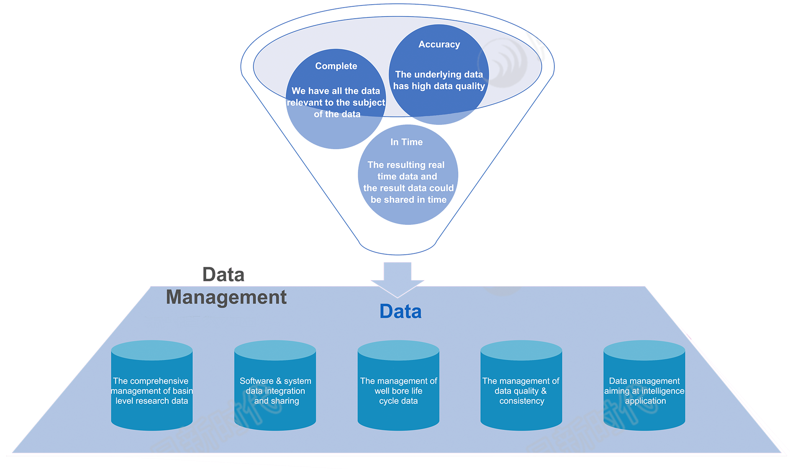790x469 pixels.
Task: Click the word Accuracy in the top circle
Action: coord(439,44)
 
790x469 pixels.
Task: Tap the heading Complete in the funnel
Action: coord(336,66)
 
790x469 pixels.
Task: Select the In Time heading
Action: coord(406,142)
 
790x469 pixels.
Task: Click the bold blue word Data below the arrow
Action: coord(400,312)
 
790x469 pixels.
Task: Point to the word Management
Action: coord(226,297)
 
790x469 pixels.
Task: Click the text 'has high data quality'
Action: coord(439,86)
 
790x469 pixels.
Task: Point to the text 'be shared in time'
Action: coord(408,200)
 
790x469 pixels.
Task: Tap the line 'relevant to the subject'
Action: coord(336,103)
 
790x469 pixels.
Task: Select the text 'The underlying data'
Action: coord(439,74)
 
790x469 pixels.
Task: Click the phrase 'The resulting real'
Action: coord(406,165)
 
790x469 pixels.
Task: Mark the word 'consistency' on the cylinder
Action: coord(522,401)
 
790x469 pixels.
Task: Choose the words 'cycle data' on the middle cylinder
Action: coord(398,401)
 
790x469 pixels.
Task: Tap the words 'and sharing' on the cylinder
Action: coord(277,401)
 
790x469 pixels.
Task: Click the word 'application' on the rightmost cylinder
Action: coord(645,401)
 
